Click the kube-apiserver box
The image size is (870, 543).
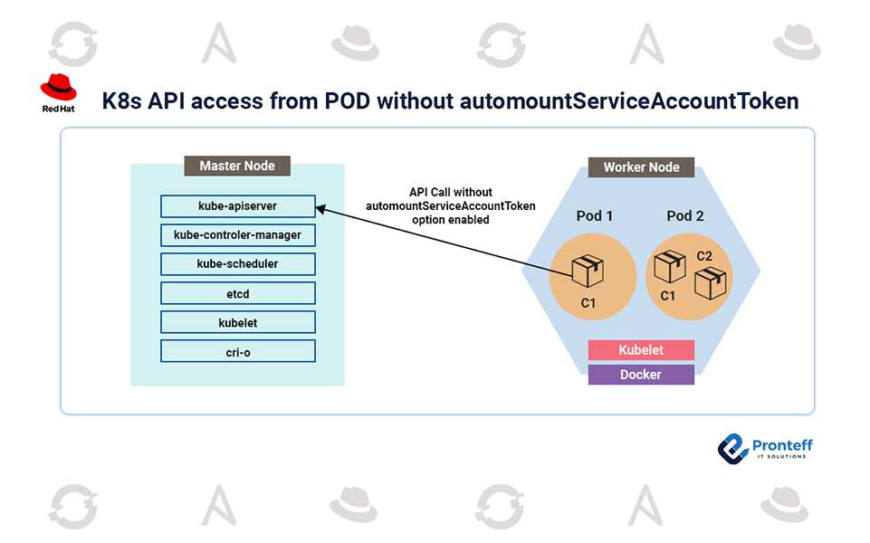[237, 206]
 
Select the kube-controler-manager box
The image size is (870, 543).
[237, 235]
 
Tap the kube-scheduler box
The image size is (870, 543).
[237, 264]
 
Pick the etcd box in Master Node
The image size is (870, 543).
[237, 293]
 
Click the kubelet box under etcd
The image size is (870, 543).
[237, 322]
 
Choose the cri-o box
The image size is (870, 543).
[237, 351]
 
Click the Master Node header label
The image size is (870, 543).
[237, 166]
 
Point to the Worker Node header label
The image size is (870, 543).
[641, 167]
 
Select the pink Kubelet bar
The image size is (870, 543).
[641, 350]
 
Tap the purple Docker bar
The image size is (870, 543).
[641, 375]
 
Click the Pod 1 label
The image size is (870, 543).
[595, 216]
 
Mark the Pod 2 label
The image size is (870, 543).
[685, 216]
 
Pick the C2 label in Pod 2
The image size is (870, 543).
[704, 256]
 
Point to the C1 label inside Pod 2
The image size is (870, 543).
[668, 296]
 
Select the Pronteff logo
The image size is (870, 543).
[764, 447]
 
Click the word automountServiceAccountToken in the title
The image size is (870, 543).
[628, 100]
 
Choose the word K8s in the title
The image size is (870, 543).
[120, 100]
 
